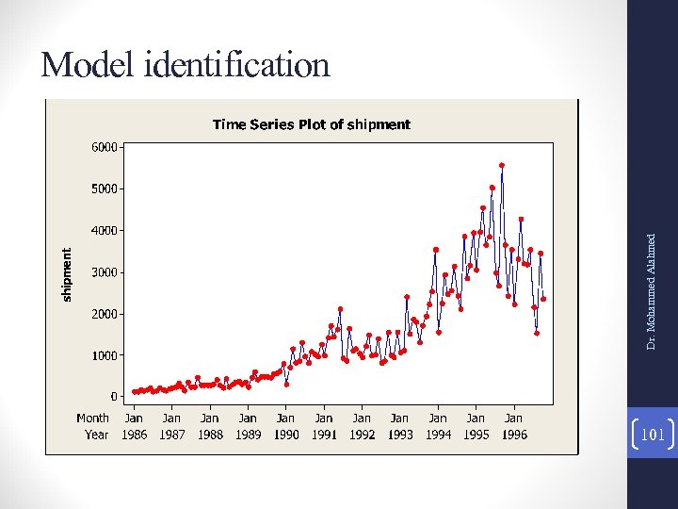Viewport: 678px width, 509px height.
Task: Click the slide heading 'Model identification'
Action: [x=186, y=65]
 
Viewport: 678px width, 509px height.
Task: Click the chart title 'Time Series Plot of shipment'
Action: [x=311, y=124]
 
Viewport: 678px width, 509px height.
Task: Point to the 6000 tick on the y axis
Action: [x=105, y=147]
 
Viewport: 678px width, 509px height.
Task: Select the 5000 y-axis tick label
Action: [x=105, y=189]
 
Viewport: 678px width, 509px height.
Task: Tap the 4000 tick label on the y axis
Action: [x=105, y=230]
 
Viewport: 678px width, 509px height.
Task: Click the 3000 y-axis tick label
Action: [x=105, y=272]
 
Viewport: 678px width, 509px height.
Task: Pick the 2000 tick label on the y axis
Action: [x=105, y=314]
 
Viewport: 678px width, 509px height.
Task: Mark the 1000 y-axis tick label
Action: [x=105, y=355]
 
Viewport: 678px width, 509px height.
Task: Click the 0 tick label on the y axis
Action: [x=113, y=397]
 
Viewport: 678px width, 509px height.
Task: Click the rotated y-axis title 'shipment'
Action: [x=66, y=275]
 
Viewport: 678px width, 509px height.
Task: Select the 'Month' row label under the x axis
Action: [x=92, y=418]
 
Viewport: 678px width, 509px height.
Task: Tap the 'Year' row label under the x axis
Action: [x=96, y=435]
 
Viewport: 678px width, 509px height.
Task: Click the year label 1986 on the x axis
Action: [x=135, y=435]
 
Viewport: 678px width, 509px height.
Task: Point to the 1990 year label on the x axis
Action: [x=286, y=435]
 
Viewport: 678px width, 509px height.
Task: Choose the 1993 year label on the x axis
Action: [x=400, y=435]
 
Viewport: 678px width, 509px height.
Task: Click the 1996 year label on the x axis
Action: [x=514, y=435]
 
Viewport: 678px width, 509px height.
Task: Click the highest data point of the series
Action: [x=502, y=165]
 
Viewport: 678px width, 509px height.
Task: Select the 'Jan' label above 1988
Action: [x=210, y=418]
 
